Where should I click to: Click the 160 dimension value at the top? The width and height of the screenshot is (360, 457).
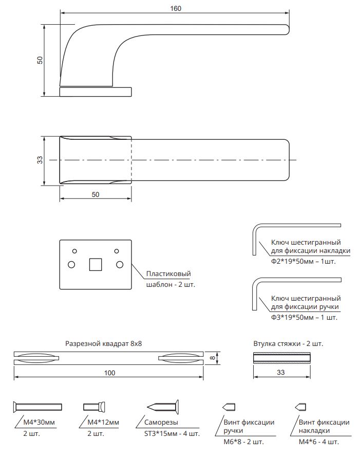tap(176, 8)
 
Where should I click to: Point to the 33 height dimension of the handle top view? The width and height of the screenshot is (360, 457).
tap(40, 160)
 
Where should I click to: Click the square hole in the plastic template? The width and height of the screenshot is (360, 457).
tap(96, 265)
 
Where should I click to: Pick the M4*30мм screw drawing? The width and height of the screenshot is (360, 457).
tap(37, 407)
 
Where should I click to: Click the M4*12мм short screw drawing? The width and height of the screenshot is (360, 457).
tap(94, 407)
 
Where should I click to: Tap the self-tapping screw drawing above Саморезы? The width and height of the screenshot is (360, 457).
tap(163, 407)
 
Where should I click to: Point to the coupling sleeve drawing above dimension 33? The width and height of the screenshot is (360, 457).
tap(283, 358)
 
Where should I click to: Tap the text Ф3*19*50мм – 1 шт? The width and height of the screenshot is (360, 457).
tap(304, 318)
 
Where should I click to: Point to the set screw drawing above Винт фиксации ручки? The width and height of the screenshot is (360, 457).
tap(225, 407)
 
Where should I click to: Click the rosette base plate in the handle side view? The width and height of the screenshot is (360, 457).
tap(96, 92)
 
